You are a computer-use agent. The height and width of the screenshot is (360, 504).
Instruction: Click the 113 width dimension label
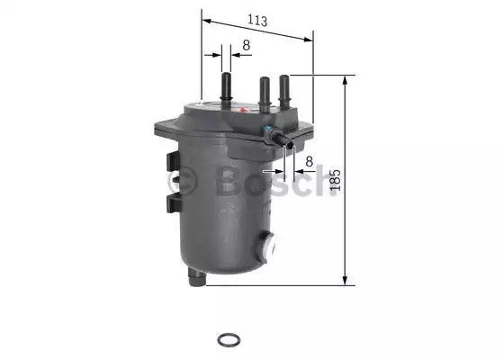click(x=257, y=21)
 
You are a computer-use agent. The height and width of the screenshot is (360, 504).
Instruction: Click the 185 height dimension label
click(x=335, y=180)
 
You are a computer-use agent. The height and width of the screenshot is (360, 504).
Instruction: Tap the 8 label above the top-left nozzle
click(x=247, y=45)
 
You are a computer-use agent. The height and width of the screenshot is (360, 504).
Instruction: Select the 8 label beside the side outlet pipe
click(x=309, y=161)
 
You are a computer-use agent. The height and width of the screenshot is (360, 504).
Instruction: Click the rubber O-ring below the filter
click(x=229, y=340)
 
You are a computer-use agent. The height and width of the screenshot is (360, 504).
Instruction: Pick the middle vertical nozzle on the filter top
click(x=265, y=94)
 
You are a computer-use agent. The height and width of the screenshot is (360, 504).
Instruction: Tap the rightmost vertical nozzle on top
click(x=284, y=91)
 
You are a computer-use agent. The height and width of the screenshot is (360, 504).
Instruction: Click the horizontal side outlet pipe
click(x=282, y=140)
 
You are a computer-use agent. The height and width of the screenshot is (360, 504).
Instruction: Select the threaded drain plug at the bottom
click(x=197, y=277)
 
